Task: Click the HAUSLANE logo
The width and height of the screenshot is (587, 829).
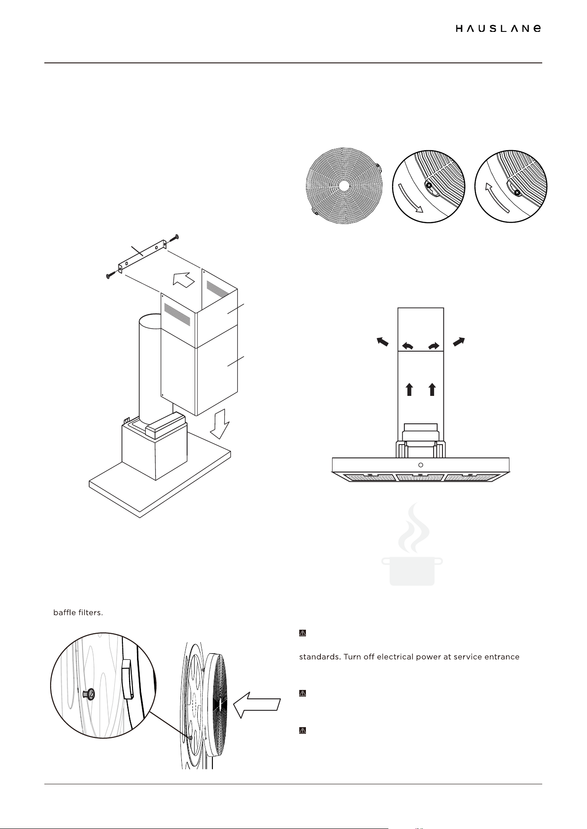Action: (x=498, y=28)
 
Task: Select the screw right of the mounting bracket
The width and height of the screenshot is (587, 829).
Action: (x=172, y=239)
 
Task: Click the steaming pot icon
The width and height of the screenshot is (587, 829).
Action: (x=412, y=544)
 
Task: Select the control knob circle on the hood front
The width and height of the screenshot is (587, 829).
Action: (x=421, y=465)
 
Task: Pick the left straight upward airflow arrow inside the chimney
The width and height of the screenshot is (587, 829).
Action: (x=409, y=389)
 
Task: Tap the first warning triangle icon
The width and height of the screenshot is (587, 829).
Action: (x=303, y=633)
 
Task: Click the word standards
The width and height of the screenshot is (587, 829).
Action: (x=320, y=656)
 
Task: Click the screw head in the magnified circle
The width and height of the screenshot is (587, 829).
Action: (x=90, y=695)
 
